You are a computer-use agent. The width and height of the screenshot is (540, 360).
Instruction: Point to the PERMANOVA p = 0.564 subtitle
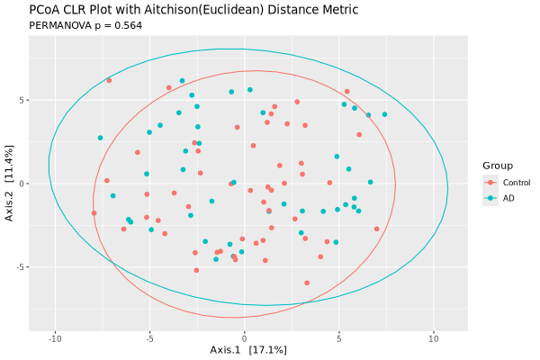click(x=85, y=25)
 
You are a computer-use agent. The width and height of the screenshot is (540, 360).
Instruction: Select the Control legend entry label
click(x=517, y=183)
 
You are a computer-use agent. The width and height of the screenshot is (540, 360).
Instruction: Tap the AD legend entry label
click(x=509, y=198)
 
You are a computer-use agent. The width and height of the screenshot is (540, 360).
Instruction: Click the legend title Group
click(x=498, y=166)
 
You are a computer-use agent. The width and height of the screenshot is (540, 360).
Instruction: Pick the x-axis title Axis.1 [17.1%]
click(x=247, y=349)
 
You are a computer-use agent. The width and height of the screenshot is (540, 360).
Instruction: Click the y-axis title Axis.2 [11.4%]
click(x=10, y=184)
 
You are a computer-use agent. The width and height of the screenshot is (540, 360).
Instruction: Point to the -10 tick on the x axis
click(x=55, y=338)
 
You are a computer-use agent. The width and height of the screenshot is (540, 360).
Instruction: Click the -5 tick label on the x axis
click(x=149, y=338)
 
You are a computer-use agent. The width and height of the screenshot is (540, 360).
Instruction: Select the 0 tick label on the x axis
click(x=244, y=338)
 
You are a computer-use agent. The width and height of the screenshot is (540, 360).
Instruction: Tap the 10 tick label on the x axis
click(x=433, y=338)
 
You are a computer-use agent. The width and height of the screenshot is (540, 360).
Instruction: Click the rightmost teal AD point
click(x=384, y=114)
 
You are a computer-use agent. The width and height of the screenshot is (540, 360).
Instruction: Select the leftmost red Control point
click(x=94, y=213)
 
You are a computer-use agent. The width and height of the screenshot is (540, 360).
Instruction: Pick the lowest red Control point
click(x=307, y=283)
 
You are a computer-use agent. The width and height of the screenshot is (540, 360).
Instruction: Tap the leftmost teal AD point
click(x=100, y=138)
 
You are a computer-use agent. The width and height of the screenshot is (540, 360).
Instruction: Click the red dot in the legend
click(x=490, y=183)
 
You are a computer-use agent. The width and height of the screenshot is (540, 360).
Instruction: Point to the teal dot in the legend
click(x=490, y=198)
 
